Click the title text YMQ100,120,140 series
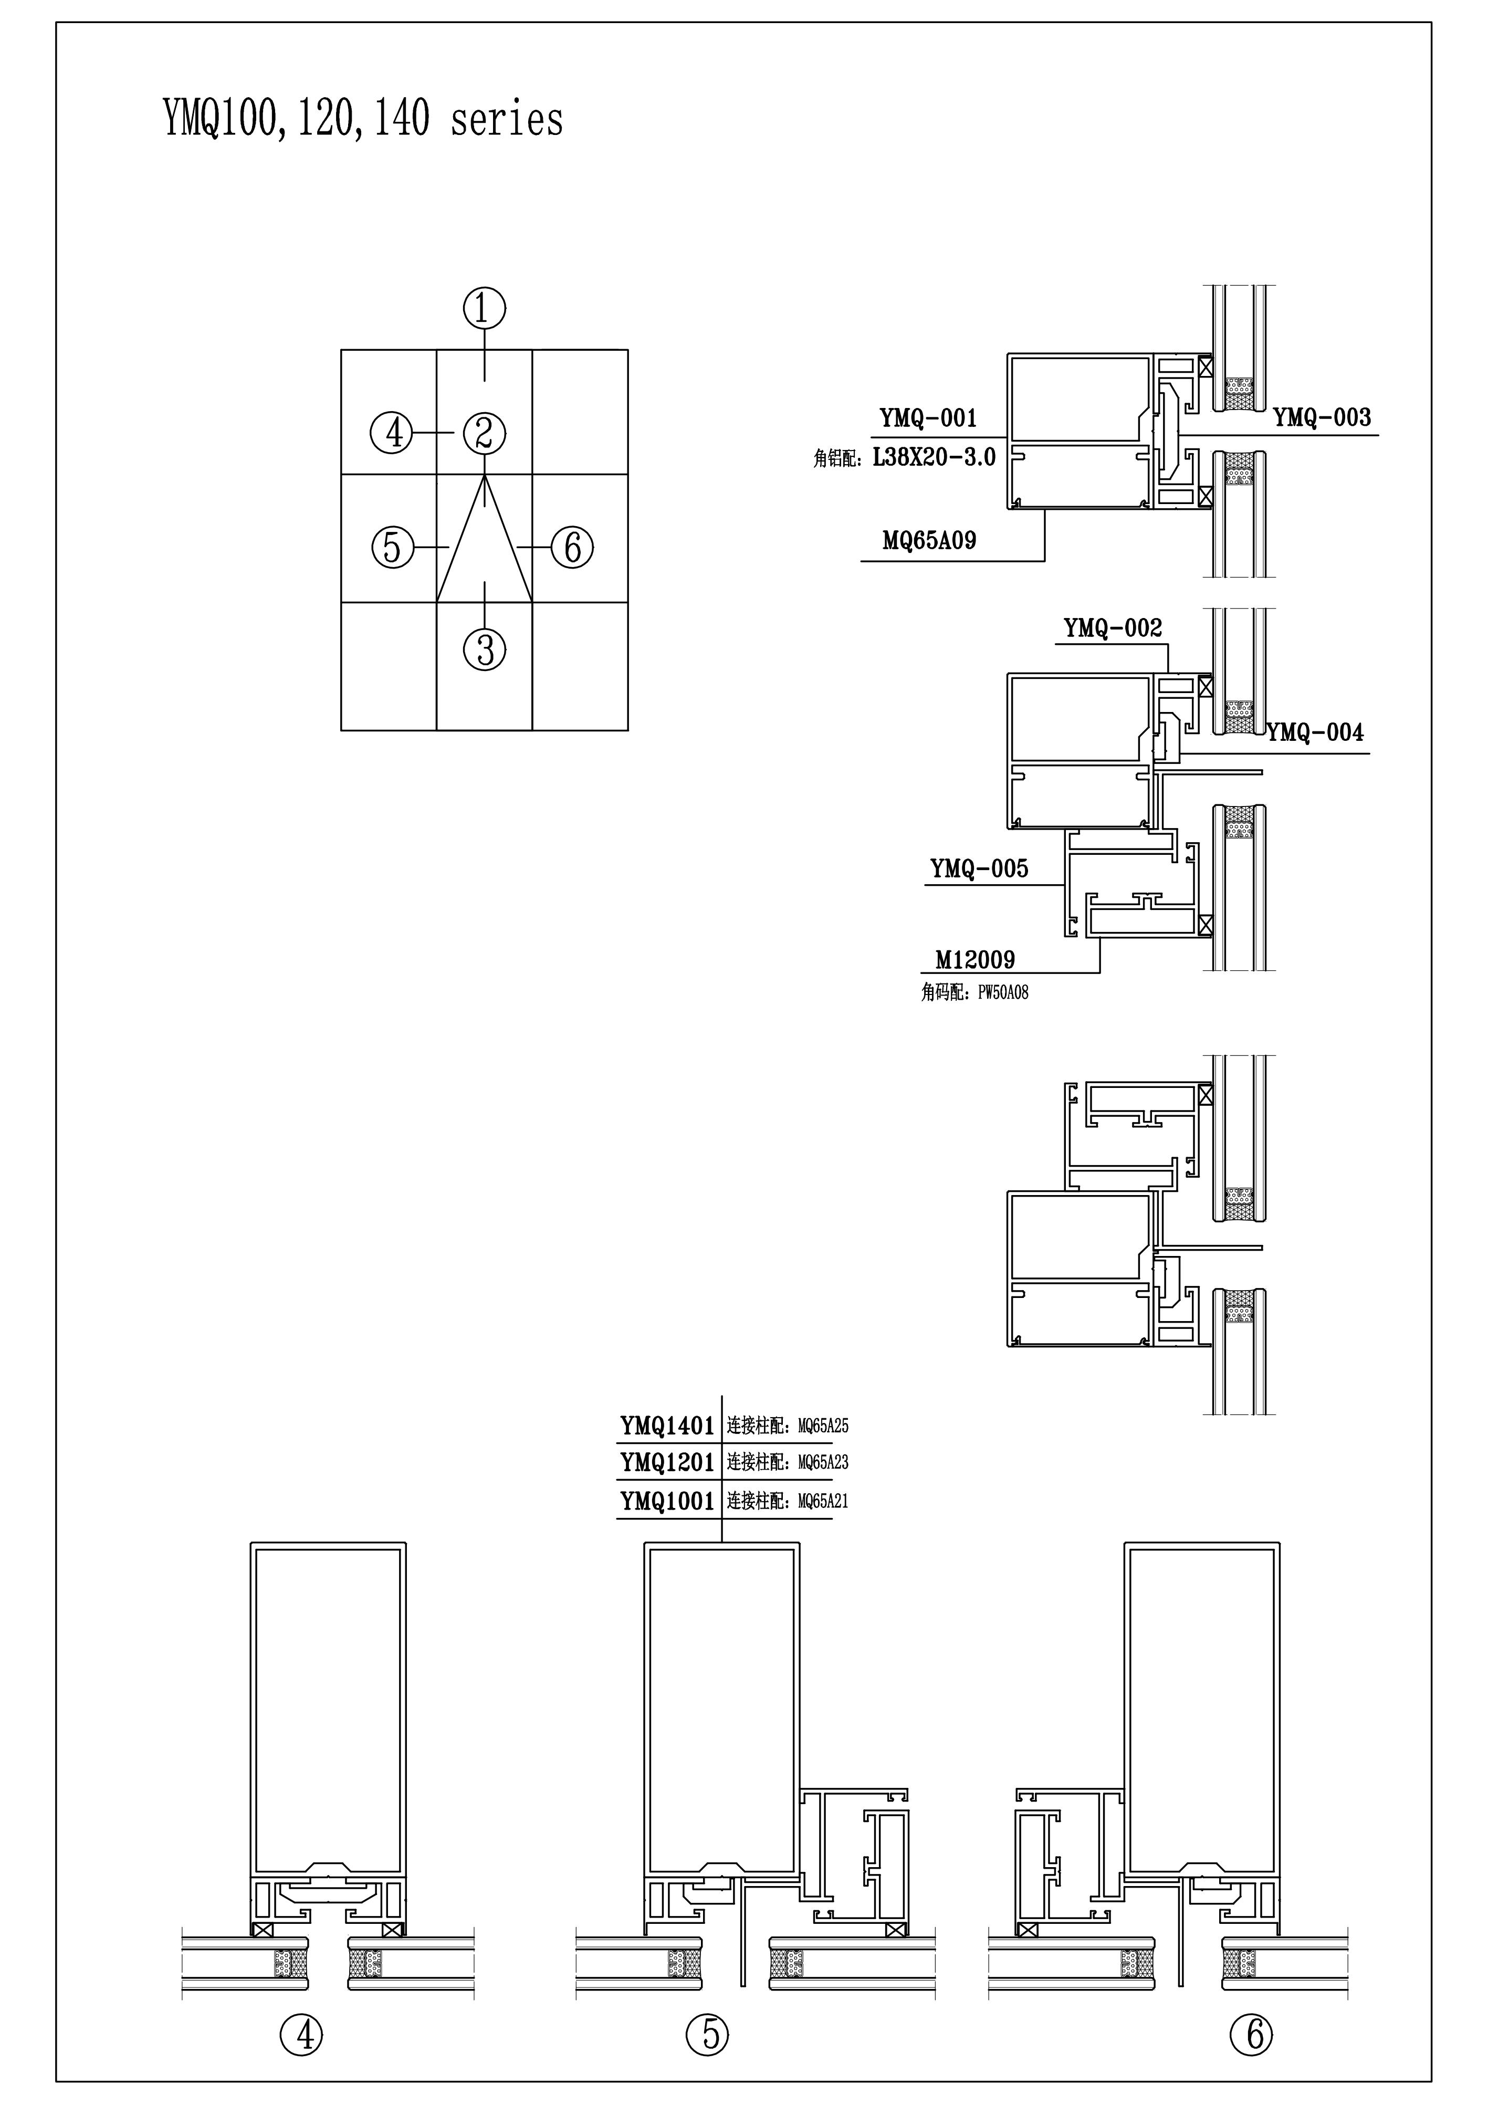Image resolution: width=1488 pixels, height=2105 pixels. pyautogui.click(x=363, y=119)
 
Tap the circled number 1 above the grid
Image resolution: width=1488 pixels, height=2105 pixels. pyautogui.click(x=484, y=308)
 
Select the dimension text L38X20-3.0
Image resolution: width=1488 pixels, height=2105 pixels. pyautogui.click(x=934, y=457)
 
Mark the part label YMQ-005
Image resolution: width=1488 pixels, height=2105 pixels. pyautogui.click(x=979, y=868)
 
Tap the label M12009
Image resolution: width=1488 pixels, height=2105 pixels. pyautogui.click(x=974, y=960)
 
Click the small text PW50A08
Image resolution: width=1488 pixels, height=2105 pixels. pyautogui.click(x=1003, y=992)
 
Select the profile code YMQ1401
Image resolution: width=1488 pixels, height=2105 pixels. pyautogui.click(x=666, y=1426)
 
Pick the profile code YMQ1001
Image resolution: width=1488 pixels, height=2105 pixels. pyautogui.click(x=666, y=1501)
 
